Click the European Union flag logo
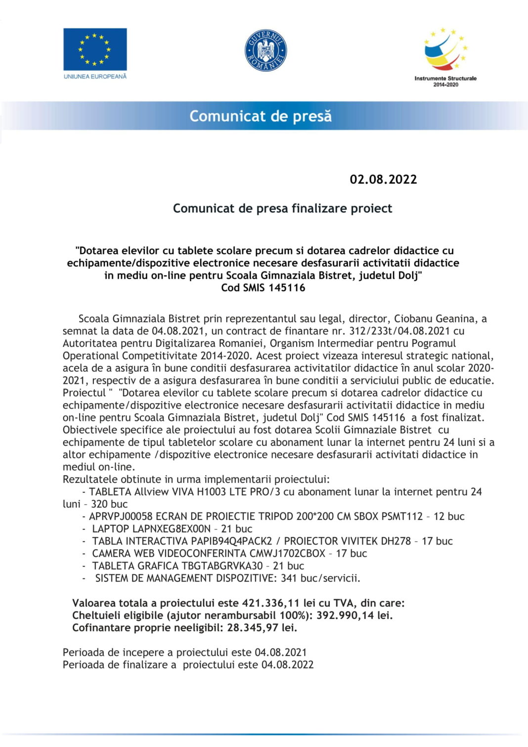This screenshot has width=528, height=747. pyautogui.click(x=95, y=49)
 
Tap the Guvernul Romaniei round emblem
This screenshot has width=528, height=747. pyautogui.click(x=265, y=50)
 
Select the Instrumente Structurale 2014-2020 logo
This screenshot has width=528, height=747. pyautogui.click(x=445, y=57)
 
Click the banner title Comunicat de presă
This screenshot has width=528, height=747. pyautogui.click(x=261, y=116)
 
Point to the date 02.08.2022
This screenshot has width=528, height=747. pyautogui.click(x=383, y=179)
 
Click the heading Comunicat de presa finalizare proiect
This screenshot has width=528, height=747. pyautogui.click(x=282, y=208)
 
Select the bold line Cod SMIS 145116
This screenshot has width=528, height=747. pyautogui.click(x=263, y=288)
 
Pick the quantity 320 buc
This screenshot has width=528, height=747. pyautogui.click(x=109, y=504)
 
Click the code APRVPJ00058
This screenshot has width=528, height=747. pyautogui.click(x=121, y=516)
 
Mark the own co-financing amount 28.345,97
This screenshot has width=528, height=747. pyautogui.click(x=254, y=628)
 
